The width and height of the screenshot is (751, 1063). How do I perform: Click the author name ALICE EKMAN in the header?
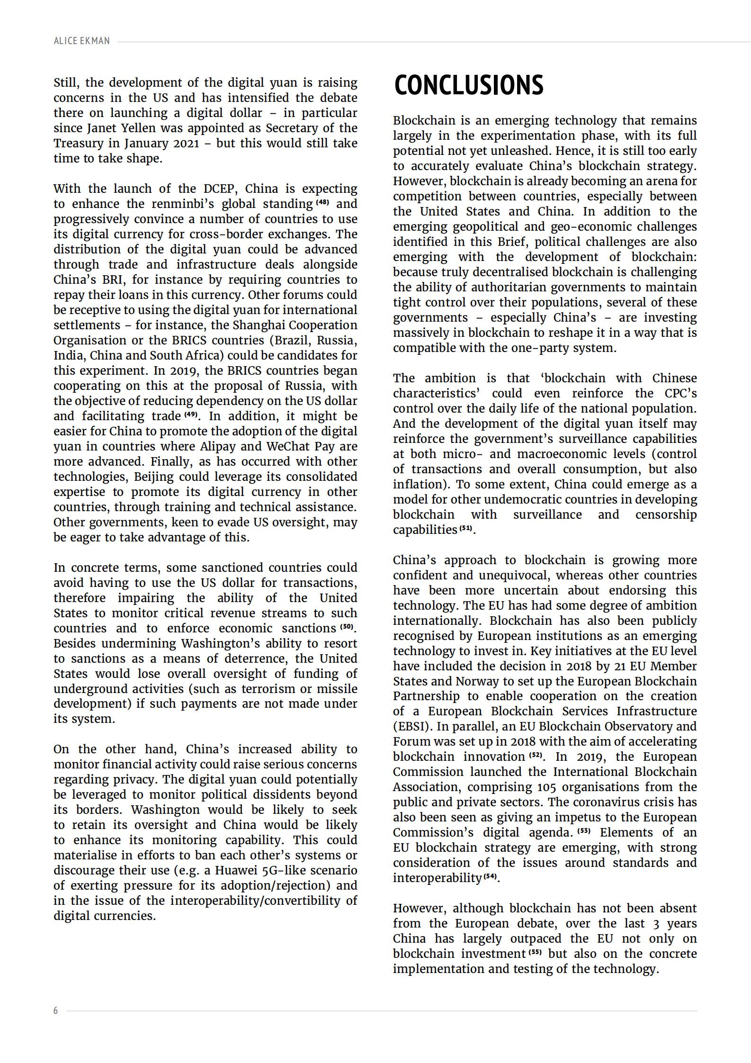pyautogui.click(x=82, y=41)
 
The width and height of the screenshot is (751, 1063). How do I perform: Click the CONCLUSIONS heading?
pyautogui.click(x=469, y=85)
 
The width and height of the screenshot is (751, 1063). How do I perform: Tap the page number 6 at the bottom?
pyautogui.click(x=56, y=1010)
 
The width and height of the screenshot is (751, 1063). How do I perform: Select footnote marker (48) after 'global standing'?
pyautogui.click(x=322, y=202)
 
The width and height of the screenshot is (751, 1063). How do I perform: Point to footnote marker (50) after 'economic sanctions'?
pyautogui.click(x=347, y=627)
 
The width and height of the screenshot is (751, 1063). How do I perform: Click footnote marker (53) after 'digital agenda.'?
pyautogui.click(x=584, y=831)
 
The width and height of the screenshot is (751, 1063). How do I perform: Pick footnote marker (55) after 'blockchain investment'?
pyautogui.click(x=535, y=952)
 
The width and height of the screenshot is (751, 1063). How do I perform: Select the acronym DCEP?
pyautogui.click(x=219, y=189)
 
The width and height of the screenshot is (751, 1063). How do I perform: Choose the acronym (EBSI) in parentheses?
pyautogui.click(x=412, y=726)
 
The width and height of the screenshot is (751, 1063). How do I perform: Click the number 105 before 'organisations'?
pyautogui.click(x=546, y=787)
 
